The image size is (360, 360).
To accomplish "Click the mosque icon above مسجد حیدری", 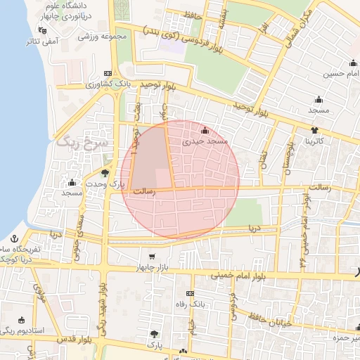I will pos(205,131).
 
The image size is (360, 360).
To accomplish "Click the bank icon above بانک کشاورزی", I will pos(107,73).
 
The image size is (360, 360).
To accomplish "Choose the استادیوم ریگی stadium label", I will pos(22,330).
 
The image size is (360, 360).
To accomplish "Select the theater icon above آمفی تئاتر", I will pos(44,30).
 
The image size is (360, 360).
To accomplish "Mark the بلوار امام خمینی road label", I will pos(239,275).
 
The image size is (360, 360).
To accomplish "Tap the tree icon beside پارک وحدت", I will pos(105,172).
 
